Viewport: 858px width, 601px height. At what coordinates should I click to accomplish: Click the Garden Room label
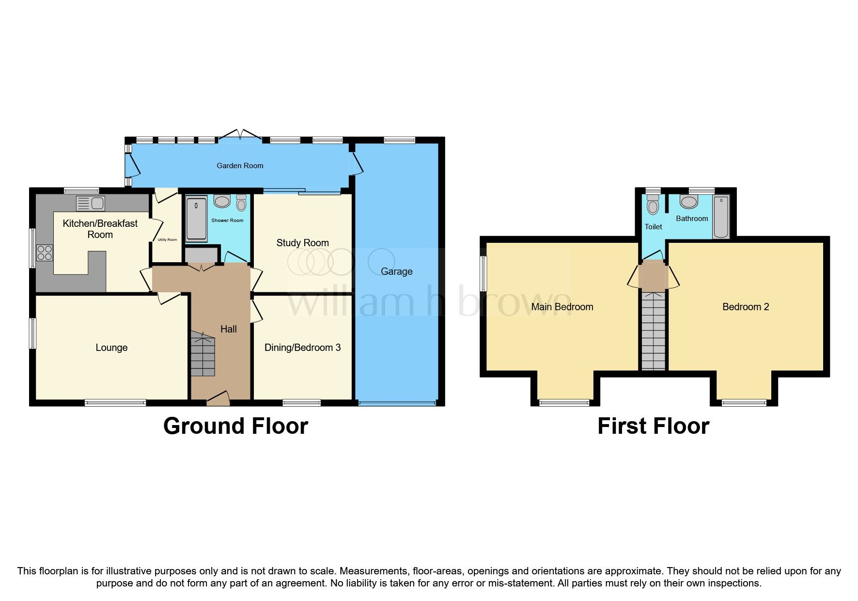point(240,166)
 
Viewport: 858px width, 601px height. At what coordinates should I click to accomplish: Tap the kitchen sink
point(91,203)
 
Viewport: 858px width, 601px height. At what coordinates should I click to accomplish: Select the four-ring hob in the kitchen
point(45,253)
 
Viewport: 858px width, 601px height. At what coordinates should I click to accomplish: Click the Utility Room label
point(167,239)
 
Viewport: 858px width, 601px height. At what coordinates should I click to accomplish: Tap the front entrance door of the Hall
point(218,398)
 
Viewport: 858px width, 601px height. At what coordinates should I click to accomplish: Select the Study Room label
point(302,243)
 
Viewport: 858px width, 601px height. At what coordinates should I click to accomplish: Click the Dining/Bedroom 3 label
point(302,348)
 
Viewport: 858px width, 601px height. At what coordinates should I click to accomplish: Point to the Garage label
point(396,271)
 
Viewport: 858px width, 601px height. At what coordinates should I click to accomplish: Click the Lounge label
point(111,348)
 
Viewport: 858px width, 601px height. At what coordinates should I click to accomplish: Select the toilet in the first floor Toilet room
point(653,206)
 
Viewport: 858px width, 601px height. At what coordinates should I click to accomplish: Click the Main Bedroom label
point(562,307)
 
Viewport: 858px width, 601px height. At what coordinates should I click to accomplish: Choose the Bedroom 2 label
point(745,307)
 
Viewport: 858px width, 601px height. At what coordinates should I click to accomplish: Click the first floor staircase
point(653,332)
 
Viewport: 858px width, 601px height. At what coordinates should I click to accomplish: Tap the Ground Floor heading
point(235,426)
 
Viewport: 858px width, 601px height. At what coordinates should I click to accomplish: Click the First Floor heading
point(653,426)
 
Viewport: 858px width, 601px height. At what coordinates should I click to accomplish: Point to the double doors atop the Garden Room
point(240,135)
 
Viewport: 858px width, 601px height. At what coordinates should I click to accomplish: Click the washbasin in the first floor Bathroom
point(688,202)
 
